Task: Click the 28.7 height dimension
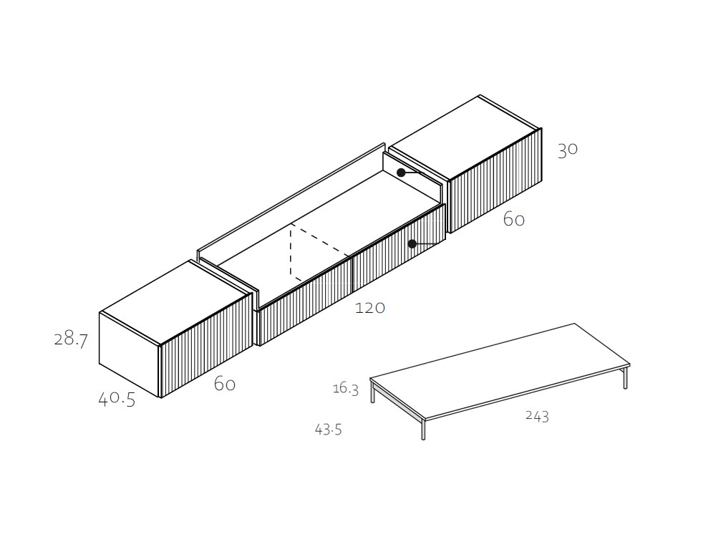coord(71,339)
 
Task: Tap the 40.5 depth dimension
coord(117,400)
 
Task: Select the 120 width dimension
coord(370,308)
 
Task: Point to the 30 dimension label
coord(568,150)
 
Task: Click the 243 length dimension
coord(537,416)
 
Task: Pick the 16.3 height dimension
coord(346,389)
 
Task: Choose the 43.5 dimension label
coord(329,429)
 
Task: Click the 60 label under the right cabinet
coord(513,220)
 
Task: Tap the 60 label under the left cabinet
coord(225,384)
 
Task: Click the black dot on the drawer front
coord(412,244)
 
